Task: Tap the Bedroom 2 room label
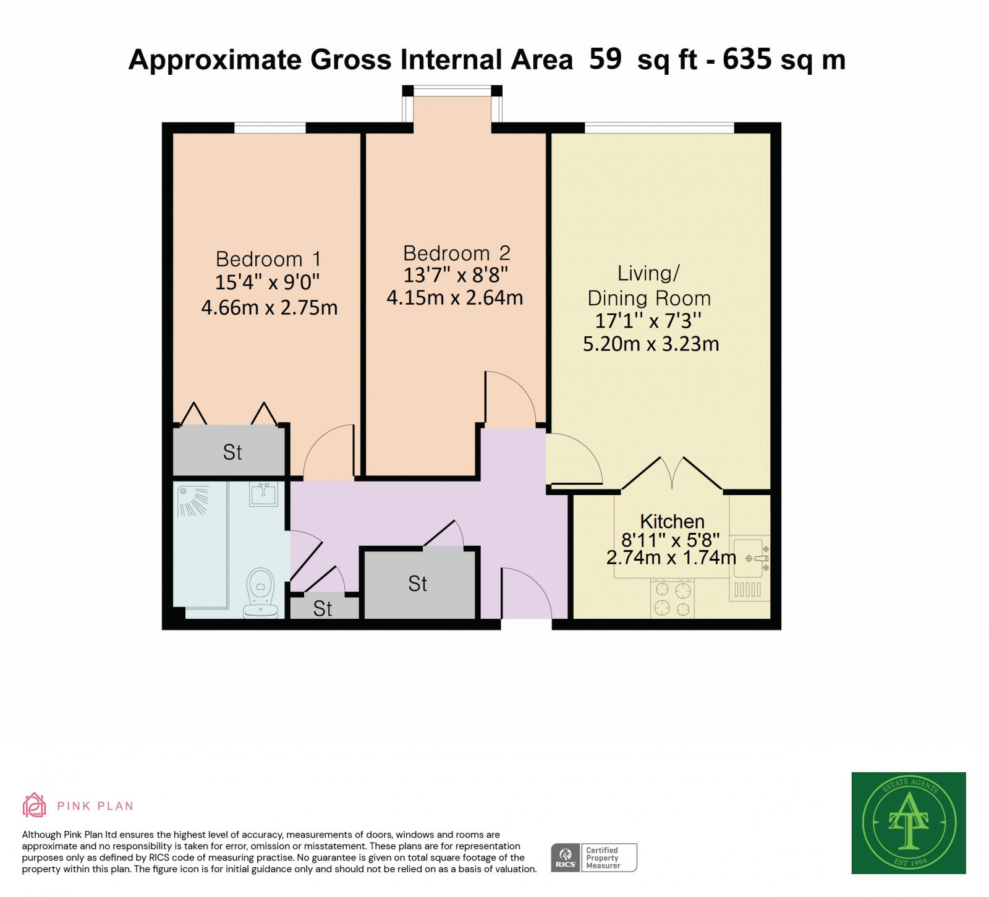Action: point(456,253)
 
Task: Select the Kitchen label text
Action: point(672,521)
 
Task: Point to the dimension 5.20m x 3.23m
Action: point(651,344)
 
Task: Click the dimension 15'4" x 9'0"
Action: point(267,283)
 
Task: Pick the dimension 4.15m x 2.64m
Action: point(455,298)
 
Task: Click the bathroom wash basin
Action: point(264,495)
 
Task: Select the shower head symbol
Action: point(193,501)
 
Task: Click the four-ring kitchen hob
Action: point(672,598)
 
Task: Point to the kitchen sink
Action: point(752,558)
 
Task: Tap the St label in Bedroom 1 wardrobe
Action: point(232,453)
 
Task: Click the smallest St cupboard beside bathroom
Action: point(323,608)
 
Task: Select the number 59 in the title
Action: point(605,59)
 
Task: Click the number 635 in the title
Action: point(747,59)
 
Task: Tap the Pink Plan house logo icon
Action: point(35,805)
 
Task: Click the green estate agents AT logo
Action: point(908,822)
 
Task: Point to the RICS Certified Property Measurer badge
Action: point(593,857)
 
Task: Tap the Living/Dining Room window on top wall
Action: point(659,128)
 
